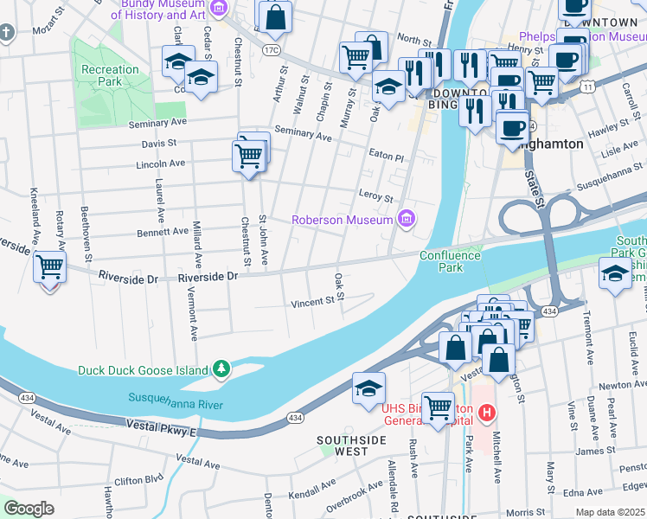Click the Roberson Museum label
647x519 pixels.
point(343,220)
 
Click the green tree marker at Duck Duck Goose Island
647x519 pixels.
point(222,369)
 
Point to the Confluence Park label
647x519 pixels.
point(450,261)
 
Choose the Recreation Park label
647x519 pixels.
point(110,75)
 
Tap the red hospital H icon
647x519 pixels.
point(487,413)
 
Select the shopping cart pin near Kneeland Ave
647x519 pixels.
point(50,267)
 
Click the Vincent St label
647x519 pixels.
point(312,302)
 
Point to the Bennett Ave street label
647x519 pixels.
point(162,231)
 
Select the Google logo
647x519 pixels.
point(29,509)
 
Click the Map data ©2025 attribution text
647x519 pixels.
point(610,512)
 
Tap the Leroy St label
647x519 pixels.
point(376,196)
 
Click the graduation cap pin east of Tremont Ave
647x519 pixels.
point(615,274)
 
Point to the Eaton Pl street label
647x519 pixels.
point(387,158)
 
